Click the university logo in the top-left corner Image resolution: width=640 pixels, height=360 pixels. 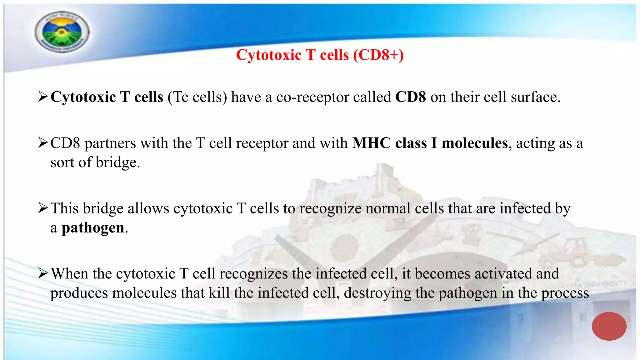(62, 32)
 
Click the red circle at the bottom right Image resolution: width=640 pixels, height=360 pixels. (609, 326)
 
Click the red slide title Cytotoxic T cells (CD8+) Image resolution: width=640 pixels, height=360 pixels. (320, 55)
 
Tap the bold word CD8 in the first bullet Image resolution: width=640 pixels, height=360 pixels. (410, 97)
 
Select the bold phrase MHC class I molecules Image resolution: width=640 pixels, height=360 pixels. (430, 143)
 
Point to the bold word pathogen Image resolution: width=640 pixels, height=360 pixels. (93, 228)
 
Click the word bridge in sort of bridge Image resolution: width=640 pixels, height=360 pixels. (117, 162)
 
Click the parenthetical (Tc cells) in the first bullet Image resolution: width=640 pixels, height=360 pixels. (197, 97)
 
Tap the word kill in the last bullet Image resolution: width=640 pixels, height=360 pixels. (219, 293)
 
